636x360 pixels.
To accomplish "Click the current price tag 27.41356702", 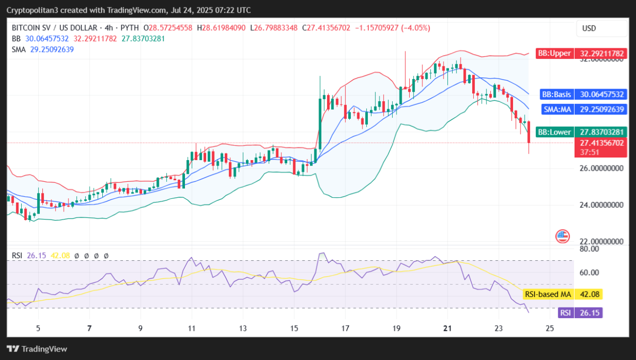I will pyautogui.click(x=601, y=143).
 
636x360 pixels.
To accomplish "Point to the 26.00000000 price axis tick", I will pyautogui.click(x=600, y=168).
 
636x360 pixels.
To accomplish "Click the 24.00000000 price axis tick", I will pyautogui.click(x=600, y=205).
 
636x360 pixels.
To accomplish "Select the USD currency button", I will pyautogui.click(x=589, y=28).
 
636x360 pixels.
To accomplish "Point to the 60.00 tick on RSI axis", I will pyautogui.click(x=589, y=273).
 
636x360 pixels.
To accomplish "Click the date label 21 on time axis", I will pyautogui.click(x=447, y=328).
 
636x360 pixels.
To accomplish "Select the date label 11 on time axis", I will pyautogui.click(x=191, y=328).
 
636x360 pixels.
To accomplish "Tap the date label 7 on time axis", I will pyautogui.click(x=89, y=328).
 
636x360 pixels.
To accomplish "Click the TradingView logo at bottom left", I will pyautogui.click(x=37, y=349).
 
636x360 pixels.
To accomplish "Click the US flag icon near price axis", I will pyautogui.click(x=562, y=236).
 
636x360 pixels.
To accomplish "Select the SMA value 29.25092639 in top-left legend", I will pyautogui.click(x=51, y=49).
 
